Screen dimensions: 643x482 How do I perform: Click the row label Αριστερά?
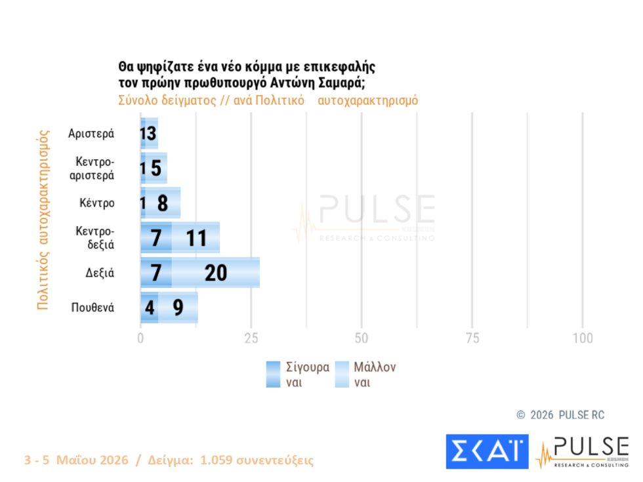[x=91, y=134]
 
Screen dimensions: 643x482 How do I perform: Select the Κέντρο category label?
[x=97, y=203]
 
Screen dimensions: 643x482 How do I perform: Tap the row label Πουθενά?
[x=93, y=308]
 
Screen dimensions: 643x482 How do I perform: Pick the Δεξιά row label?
[x=100, y=273]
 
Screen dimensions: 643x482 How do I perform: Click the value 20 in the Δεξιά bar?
[x=216, y=273]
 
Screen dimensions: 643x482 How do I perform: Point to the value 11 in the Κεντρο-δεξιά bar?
[x=196, y=238]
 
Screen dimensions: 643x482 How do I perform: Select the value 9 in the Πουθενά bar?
[x=178, y=308]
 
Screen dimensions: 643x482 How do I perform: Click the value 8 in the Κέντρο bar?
[x=163, y=203]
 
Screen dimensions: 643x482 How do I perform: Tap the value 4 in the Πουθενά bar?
[x=150, y=308]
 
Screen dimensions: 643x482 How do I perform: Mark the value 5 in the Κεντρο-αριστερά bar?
[x=156, y=168]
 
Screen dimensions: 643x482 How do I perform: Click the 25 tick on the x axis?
[x=251, y=338]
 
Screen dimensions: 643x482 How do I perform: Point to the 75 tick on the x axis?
[x=472, y=338]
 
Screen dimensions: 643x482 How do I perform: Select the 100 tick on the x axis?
[x=583, y=338]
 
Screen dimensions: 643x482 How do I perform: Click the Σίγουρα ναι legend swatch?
[x=273, y=374]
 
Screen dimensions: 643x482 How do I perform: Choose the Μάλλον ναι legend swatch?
[x=342, y=374]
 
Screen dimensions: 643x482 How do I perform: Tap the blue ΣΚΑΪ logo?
[x=487, y=452]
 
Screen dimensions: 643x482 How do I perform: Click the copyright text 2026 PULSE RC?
[x=567, y=415]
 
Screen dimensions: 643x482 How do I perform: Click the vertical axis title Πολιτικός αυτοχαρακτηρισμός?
[x=43, y=220]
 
